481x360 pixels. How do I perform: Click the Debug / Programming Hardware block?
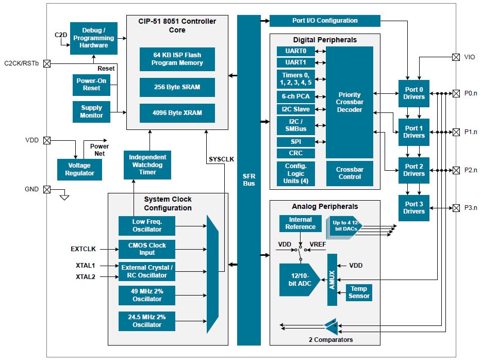click(93, 38)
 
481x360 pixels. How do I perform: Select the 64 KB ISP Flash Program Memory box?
click(177, 59)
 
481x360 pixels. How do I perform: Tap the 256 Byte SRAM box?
click(177, 87)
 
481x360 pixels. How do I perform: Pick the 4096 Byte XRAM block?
click(177, 113)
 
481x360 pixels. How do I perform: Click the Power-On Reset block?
click(92, 85)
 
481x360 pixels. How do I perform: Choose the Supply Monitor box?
click(91, 111)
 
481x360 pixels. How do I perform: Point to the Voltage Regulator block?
click(79, 169)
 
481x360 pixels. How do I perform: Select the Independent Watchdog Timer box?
click(147, 165)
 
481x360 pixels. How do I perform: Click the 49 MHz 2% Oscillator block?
click(147, 296)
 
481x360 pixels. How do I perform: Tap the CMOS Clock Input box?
click(147, 249)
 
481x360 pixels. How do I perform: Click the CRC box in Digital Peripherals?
click(295, 153)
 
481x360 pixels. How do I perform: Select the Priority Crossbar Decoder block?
click(349, 102)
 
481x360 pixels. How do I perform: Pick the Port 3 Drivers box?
click(413, 208)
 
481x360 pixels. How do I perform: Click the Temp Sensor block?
click(358, 292)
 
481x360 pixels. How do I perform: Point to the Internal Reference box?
click(300, 223)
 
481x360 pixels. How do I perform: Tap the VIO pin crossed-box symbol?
click(455, 57)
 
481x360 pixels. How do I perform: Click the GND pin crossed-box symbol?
click(47, 189)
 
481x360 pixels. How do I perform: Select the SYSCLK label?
click(221, 159)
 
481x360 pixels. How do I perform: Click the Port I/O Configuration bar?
click(324, 21)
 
